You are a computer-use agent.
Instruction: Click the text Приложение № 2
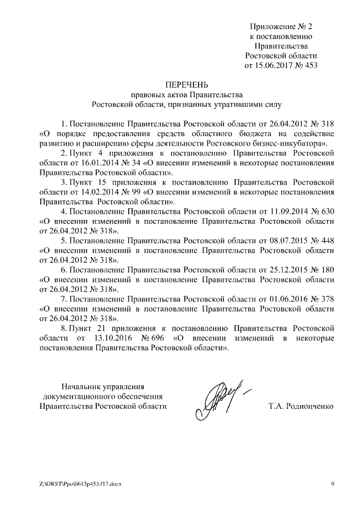[x=281, y=26]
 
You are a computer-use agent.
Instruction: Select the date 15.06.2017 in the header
[x=276, y=65]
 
